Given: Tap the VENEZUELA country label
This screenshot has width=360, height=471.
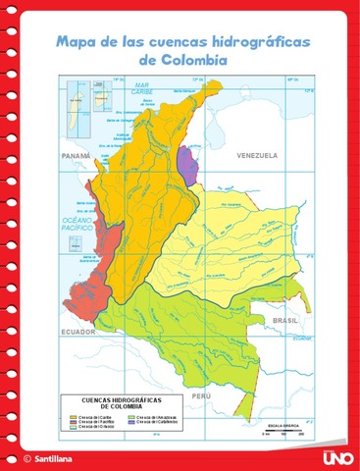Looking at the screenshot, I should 256,155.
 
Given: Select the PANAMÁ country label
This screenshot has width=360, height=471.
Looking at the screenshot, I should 75,156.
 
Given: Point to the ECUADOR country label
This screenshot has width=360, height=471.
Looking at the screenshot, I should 77,331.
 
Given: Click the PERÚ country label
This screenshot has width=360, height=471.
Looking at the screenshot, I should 200,394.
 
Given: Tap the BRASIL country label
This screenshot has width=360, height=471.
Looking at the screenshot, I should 284,321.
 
